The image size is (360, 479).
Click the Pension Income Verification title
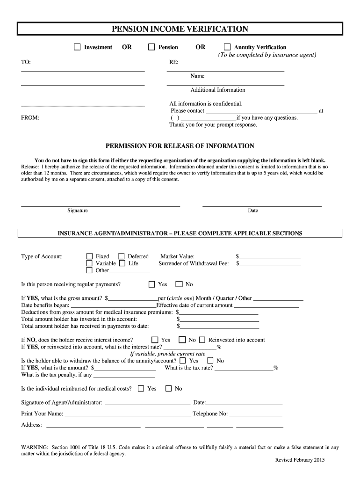180,29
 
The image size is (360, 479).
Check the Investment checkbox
78,47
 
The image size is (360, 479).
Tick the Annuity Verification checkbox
227,47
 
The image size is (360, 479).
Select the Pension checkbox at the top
151,47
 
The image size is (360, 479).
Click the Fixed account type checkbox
89,256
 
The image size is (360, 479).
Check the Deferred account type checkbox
122,256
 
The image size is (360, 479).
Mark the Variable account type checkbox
89,263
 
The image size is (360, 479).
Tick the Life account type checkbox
122,263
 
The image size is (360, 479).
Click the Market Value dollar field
270,257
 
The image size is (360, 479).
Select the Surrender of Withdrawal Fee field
270,264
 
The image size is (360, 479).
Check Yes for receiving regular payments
152,284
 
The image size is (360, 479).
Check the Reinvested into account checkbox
202,340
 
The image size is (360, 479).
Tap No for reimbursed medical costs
169,389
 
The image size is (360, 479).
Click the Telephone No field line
256,414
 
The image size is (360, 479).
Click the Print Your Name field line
127,414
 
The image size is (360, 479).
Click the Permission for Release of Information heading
180,146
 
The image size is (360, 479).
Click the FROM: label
30,118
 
